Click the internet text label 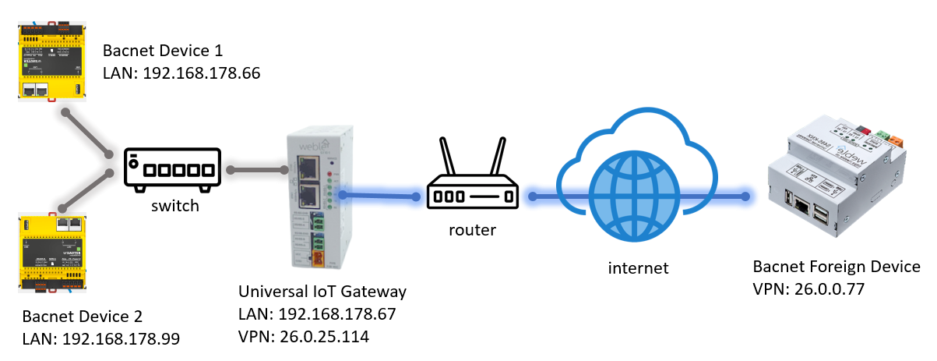coord(638,268)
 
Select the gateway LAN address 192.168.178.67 coord(336,314)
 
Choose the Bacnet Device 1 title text coord(163,51)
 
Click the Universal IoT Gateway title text coord(322,292)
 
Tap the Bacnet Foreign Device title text coord(837,267)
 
